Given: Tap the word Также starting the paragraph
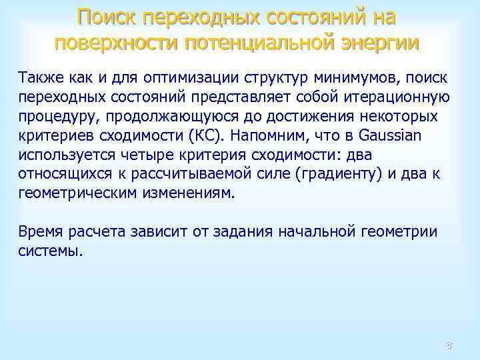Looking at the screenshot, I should (41, 77).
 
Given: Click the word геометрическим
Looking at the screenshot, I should (78, 193).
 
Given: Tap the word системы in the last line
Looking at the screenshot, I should (51, 251).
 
